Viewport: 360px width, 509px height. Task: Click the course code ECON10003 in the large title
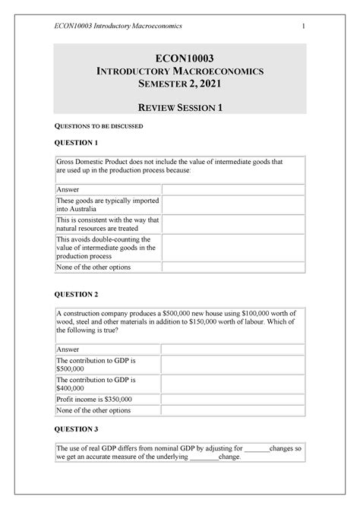(x=180, y=56)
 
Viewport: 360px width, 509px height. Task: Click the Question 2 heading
(x=73, y=294)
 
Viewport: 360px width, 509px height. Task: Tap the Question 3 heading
(x=73, y=429)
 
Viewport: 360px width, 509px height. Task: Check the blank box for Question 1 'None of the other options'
(x=232, y=267)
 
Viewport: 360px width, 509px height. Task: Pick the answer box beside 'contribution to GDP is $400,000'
(x=232, y=384)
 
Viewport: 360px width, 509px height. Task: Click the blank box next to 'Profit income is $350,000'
(x=232, y=399)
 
